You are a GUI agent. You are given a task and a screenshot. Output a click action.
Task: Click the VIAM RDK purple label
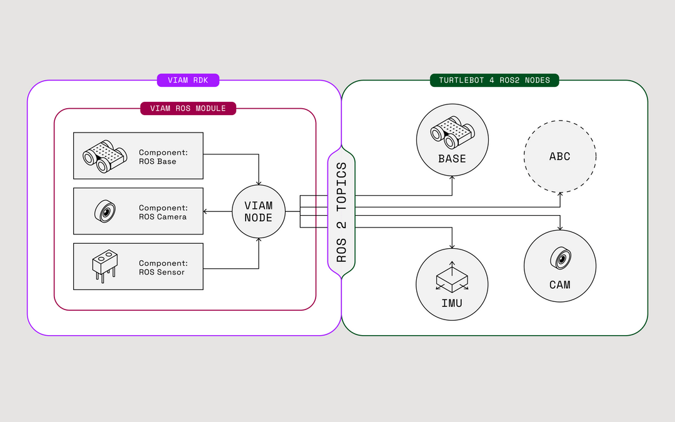point(187,80)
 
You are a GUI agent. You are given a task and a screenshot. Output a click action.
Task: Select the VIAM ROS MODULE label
point(188,109)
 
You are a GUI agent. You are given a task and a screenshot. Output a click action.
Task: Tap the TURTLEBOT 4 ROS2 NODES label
point(494,80)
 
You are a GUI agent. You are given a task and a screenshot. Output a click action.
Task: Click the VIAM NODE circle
point(259,211)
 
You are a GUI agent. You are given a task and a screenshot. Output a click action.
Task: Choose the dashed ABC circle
point(560,156)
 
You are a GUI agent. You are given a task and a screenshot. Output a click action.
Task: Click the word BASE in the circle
point(452,159)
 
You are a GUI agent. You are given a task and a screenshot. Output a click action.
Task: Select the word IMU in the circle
point(452,303)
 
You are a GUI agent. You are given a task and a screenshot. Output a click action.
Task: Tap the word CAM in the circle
point(560,284)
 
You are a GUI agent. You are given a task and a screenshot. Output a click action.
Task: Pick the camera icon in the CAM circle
point(561,258)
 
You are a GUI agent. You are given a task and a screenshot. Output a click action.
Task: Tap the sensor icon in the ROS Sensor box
point(104,266)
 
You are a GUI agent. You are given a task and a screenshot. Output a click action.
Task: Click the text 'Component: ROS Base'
point(163,157)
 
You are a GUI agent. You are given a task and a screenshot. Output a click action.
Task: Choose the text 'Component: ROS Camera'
point(163,212)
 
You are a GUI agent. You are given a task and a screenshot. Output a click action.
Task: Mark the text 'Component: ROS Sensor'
point(163,268)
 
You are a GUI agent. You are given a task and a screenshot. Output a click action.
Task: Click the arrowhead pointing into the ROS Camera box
point(207,211)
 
